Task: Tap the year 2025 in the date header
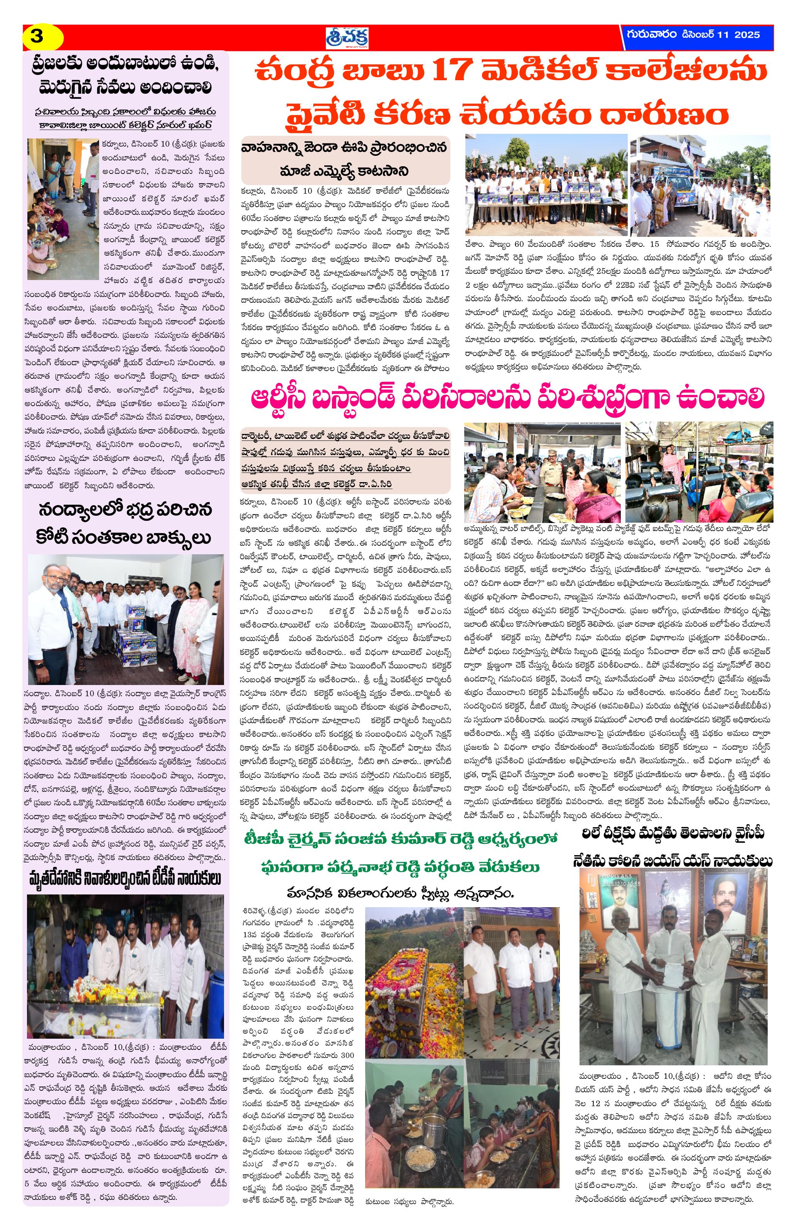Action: click(745, 35)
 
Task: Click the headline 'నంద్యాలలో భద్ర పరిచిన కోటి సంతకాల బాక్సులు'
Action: click(125, 523)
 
